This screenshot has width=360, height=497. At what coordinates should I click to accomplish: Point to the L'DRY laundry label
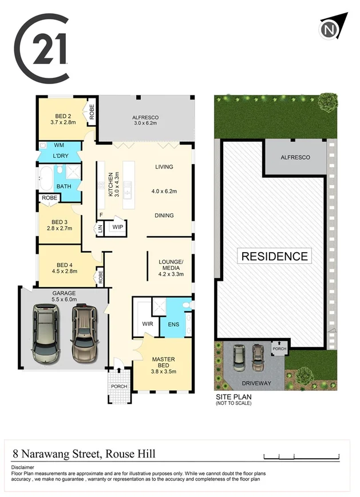61,156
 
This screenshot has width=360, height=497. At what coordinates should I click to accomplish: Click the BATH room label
63,186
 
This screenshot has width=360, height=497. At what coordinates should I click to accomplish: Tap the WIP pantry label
118,227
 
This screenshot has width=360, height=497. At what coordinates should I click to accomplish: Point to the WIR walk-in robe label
148,324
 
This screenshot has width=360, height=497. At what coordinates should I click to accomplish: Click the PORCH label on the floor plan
119,385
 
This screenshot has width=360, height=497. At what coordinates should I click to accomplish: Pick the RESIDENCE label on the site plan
275,256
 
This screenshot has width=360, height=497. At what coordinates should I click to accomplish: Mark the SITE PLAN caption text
233,396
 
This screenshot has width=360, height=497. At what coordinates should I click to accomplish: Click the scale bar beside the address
302,456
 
